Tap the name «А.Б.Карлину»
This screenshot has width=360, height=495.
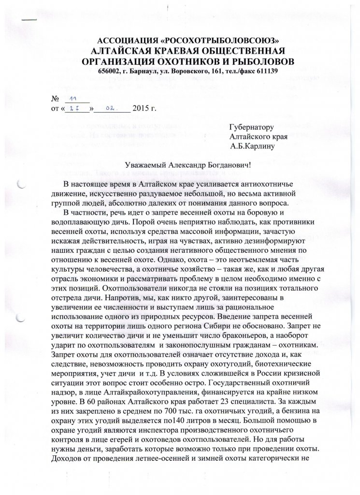pos(253,146)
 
